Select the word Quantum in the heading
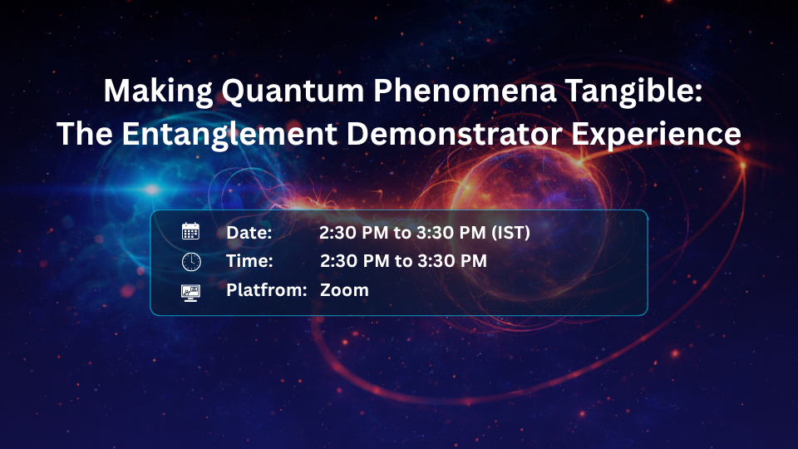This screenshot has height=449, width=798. (x=264, y=91)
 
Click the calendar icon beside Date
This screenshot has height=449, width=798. (x=191, y=232)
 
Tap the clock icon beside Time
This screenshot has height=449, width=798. (x=191, y=261)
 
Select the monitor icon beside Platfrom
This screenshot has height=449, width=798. (x=191, y=291)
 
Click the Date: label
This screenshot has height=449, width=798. (x=249, y=233)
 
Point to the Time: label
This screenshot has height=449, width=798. (x=250, y=261)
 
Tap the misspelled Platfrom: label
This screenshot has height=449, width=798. (x=267, y=290)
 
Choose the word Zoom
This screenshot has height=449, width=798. (x=344, y=290)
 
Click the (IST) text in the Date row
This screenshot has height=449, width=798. (x=510, y=233)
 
